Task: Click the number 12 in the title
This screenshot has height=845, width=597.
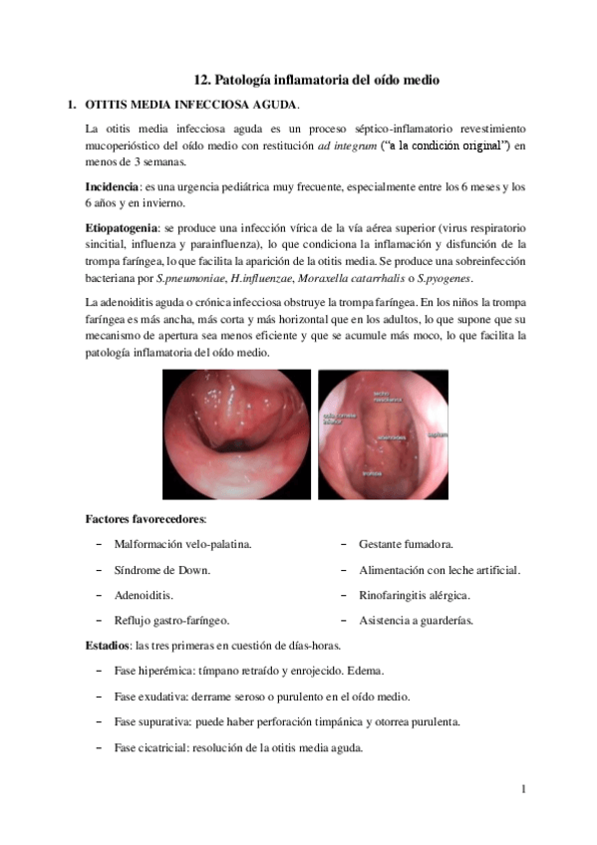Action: tap(200, 79)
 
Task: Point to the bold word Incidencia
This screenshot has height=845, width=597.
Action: tap(112, 186)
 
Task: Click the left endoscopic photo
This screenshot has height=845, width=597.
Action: tap(236, 433)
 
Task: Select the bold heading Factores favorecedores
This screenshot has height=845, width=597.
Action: tap(146, 519)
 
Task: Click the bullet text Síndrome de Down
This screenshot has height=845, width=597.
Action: tap(161, 570)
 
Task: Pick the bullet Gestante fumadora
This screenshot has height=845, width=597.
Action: tap(406, 544)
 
